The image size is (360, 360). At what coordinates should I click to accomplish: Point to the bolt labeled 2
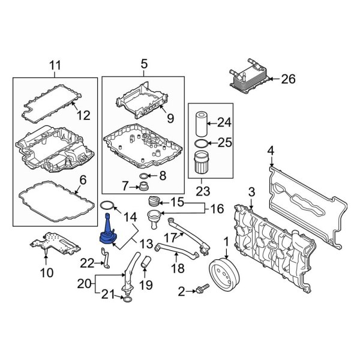[200, 290]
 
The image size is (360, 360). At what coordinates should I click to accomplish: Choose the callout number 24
[223, 123]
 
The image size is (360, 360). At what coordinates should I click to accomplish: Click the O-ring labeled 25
[203, 144]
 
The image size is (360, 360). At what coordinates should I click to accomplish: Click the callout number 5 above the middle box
[143, 64]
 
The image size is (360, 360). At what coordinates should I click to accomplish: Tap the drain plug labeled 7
[144, 186]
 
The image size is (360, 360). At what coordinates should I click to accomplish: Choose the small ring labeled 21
[126, 295]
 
